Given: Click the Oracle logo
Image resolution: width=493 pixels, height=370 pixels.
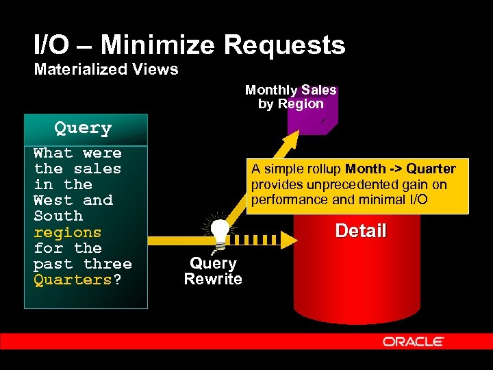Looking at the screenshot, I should coord(413,341).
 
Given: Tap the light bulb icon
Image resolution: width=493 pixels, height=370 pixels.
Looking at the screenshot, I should coord(219,233).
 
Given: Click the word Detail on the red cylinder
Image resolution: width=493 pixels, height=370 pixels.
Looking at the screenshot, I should coord(361,231).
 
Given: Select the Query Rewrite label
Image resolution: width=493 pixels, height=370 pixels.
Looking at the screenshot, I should coord(213,271).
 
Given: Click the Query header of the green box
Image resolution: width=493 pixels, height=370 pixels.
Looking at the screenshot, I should coord(83,128).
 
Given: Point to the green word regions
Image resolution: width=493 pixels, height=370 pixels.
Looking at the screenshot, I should coord(67,232).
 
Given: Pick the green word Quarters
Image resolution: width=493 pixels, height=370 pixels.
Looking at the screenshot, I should coord(72,280).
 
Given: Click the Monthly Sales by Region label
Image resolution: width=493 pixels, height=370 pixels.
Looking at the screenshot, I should coord(291,97).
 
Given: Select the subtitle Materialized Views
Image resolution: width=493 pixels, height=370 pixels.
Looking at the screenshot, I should coord(106,69).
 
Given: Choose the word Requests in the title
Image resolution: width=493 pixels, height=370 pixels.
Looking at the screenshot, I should coord(285,46).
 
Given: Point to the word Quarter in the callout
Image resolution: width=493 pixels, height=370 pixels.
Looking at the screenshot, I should coord(431,169).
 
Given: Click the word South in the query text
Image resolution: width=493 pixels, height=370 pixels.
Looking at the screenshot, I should coord(58,217).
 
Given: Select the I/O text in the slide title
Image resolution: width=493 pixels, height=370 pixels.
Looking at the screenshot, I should coord(50,46).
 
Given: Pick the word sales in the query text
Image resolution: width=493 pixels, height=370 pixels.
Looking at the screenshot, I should coord(97,169).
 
